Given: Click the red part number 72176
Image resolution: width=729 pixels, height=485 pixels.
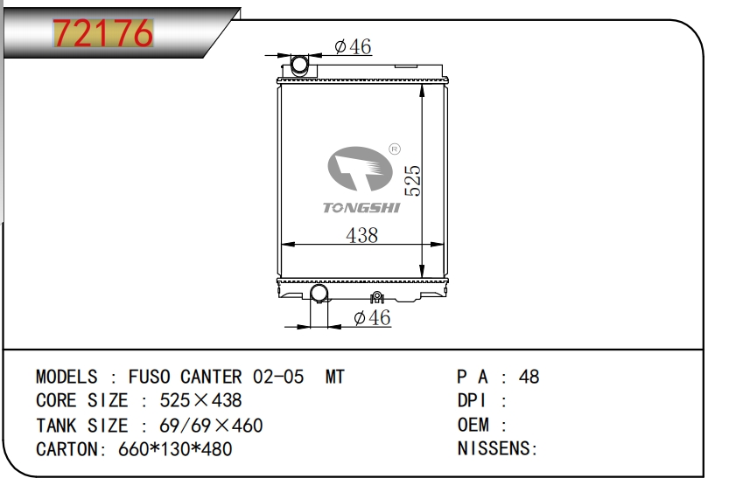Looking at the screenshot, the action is coord(102,32).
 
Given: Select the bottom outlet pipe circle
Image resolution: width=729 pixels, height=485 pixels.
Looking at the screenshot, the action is coord(319,294).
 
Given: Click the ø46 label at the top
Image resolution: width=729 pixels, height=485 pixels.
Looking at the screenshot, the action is coord(353,47).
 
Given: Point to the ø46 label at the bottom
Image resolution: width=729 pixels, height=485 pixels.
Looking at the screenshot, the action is coord(372,318).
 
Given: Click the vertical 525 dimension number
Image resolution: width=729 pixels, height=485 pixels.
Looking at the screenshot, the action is coord(412,181).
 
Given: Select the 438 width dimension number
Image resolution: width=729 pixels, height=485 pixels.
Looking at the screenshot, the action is coord(361,235).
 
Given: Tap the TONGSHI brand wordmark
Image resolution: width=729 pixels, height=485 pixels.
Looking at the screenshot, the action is coord(361,207).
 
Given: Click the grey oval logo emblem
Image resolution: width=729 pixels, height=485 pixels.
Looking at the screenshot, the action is coord(360,169).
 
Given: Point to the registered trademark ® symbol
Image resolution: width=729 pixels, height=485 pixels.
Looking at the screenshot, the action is coord(394,149).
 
